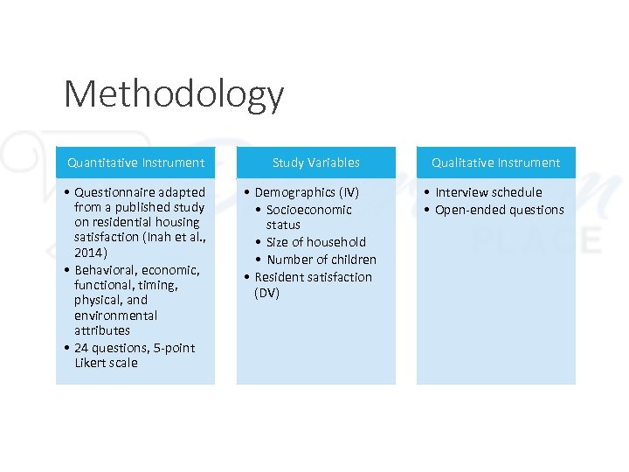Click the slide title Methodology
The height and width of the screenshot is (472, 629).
[174, 94]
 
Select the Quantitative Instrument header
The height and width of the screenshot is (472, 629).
[135, 163]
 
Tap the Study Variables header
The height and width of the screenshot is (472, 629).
[315, 163]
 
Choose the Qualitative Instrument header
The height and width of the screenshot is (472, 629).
[496, 163]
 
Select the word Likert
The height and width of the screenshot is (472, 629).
[93, 363]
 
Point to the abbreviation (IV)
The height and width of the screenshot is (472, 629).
[349, 192]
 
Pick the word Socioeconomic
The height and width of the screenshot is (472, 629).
[309, 210]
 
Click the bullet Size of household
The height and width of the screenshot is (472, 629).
[316, 242]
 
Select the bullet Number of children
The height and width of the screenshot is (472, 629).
[321, 260]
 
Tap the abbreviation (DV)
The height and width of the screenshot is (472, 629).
[267, 293]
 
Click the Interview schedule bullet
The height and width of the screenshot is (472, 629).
[488, 192]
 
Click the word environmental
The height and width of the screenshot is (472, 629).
[116, 315]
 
